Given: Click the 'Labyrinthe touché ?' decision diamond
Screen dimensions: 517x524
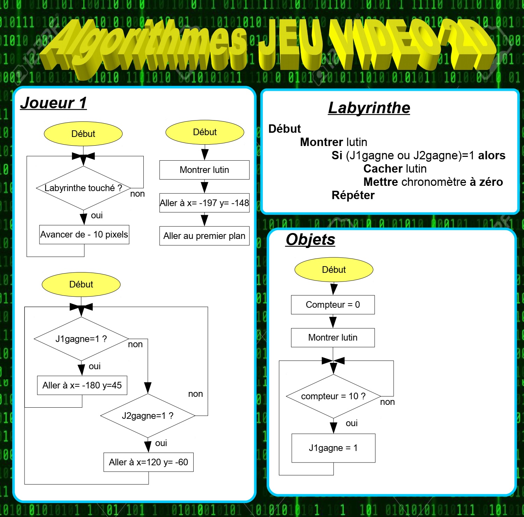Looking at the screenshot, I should pyautogui.click(x=83, y=188).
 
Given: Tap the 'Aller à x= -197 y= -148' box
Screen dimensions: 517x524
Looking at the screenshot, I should pyautogui.click(x=204, y=203).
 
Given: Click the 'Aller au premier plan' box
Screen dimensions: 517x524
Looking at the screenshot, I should pyautogui.click(x=204, y=236).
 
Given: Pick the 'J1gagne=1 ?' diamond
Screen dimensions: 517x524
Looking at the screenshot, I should pyautogui.click(x=81, y=339).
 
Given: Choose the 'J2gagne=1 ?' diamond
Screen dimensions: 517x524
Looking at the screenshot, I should pyautogui.click(x=148, y=416).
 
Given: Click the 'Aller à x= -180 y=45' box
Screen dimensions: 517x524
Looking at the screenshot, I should pyautogui.click(x=82, y=385).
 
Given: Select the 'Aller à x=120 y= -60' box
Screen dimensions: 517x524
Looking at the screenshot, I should pyautogui.click(x=149, y=462).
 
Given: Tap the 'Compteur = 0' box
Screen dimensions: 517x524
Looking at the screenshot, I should pyautogui.click(x=333, y=305).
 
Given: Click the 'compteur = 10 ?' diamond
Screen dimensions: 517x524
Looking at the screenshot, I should pyautogui.click(x=333, y=396).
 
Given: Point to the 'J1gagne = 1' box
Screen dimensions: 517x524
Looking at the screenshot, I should pyautogui.click(x=333, y=448).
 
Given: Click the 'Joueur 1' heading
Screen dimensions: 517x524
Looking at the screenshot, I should pyautogui.click(x=53, y=103).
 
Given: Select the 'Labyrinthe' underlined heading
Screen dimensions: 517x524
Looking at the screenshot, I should pyautogui.click(x=369, y=108).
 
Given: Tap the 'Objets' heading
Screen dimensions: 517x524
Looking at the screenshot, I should pyautogui.click(x=310, y=240).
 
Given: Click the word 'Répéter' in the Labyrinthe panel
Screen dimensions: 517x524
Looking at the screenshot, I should pyautogui.click(x=353, y=195).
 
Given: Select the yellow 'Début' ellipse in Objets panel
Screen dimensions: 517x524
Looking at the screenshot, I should pyautogui.click(x=334, y=270).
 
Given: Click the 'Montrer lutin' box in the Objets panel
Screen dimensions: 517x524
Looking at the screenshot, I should pyautogui.click(x=333, y=337).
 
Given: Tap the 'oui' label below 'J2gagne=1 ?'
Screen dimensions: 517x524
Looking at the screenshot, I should pyautogui.click(x=161, y=443).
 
